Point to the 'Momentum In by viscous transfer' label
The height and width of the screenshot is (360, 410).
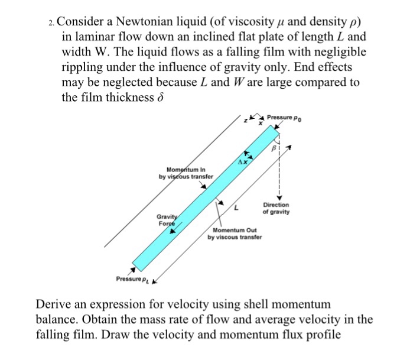point(185,173)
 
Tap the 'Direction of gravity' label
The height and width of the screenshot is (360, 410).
point(276,208)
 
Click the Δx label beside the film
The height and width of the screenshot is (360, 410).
point(242,161)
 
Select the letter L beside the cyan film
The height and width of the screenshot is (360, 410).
point(236,208)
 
